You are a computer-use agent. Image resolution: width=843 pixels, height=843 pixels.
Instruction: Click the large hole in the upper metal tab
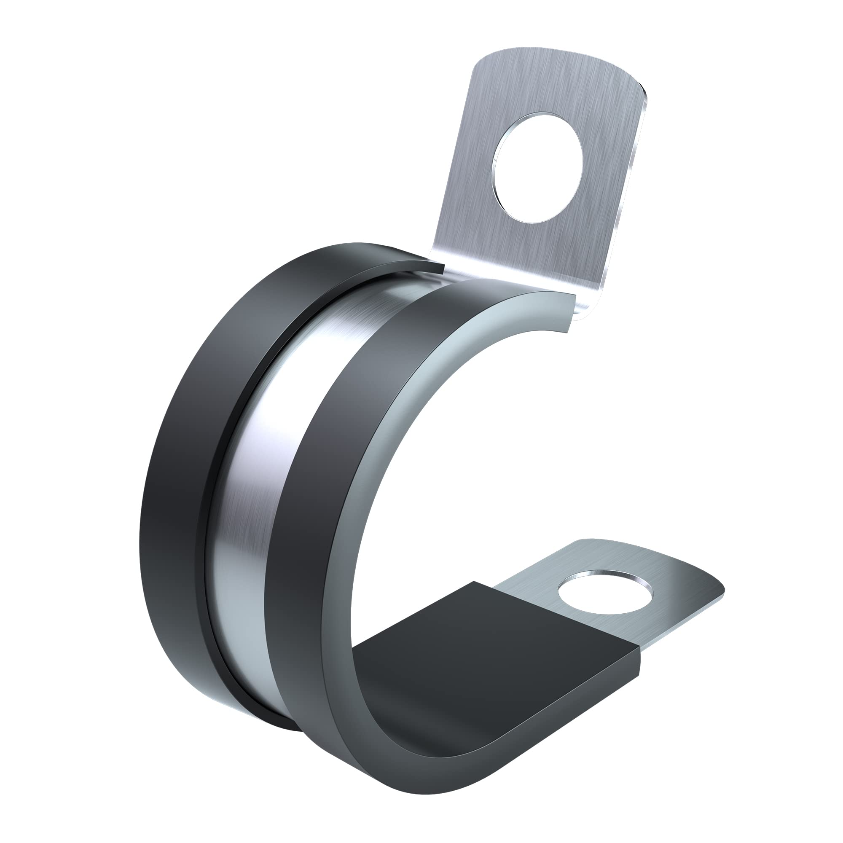click(x=537, y=166)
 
